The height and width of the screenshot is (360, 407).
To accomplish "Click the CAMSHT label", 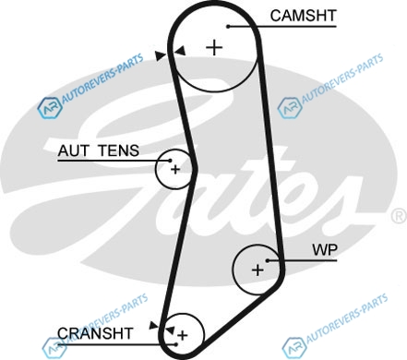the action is tap(303, 16).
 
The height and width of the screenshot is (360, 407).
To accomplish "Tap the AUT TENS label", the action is tap(99, 150).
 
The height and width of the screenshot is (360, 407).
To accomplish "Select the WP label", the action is tap(325, 250).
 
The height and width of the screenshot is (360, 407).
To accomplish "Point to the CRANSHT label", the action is tap(95, 333).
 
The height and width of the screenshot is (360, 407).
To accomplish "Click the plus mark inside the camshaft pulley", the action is tap(214, 48).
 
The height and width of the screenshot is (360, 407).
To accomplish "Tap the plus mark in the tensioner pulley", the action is tap(175, 169).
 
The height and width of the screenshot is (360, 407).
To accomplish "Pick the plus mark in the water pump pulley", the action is tap(257, 270).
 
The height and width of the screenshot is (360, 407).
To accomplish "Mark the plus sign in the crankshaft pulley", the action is tap(183, 335).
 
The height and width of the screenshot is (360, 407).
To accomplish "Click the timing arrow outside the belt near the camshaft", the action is tap(161, 55).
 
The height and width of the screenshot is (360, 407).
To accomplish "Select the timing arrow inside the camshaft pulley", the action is tap(180, 51).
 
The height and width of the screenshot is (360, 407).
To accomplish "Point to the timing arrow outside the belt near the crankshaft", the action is tap(153, 325).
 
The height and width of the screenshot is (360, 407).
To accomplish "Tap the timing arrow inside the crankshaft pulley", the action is tap(170, 330).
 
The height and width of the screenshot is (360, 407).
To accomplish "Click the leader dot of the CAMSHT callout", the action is tap(228, 27).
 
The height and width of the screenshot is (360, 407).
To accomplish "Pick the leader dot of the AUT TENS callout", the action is tap(170, 161).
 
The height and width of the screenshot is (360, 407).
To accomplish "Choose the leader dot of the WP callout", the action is tap(268, 260).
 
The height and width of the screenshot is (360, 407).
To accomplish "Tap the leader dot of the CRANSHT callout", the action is tap(175, 344).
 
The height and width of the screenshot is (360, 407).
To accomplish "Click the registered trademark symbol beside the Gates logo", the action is tap(399, 216).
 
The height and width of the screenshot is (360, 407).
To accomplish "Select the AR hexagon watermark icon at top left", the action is tap(50, 108).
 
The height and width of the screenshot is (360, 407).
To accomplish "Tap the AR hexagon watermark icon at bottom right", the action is tap(294, 348).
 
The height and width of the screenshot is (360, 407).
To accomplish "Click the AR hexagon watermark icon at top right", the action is tap(290, 108).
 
